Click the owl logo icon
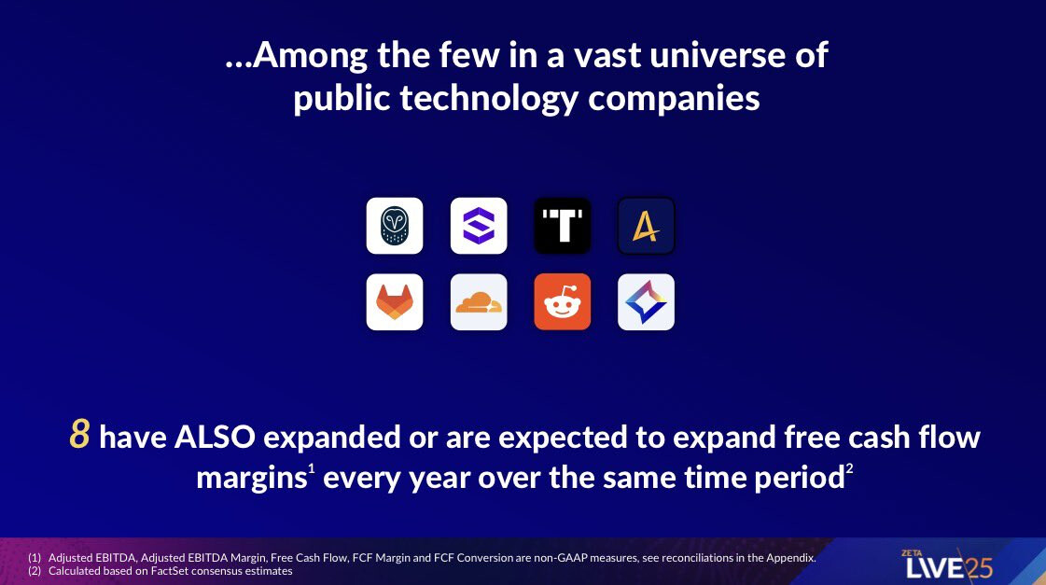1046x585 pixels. (395, 226)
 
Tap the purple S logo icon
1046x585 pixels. (479, 226)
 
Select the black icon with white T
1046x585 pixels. (563, 226)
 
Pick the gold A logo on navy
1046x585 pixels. (646, 226)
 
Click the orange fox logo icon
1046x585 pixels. (395, 302)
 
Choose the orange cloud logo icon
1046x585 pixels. (479, 302)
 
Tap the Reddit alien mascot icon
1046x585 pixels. (563, 302)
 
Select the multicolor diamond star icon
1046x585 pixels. (646, 302)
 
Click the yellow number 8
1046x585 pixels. (79, 434)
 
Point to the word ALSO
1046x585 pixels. (215, 438)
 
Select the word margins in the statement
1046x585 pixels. (252, 479)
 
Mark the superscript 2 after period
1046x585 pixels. (849, 469)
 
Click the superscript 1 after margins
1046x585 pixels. (311, 469)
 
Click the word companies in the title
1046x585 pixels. (674, 99)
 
